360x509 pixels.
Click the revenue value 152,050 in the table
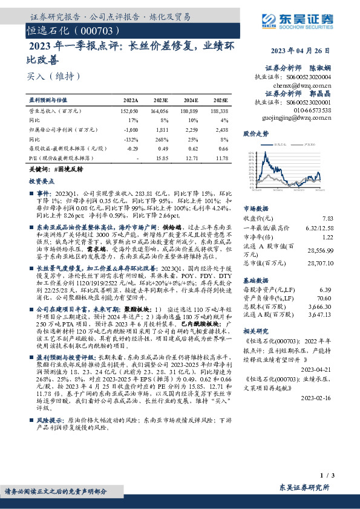129,111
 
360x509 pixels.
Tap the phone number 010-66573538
310,111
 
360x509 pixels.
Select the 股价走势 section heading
255,132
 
